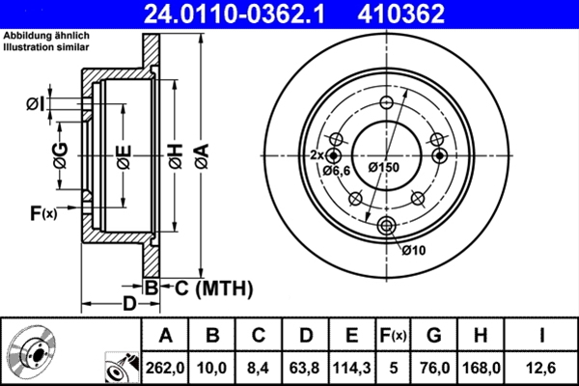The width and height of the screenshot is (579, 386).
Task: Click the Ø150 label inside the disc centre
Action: click(x=384, y=166)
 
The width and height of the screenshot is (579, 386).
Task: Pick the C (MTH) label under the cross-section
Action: click(x=207, y=287)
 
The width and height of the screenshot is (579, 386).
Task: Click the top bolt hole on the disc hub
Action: click(x=387, y=104)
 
